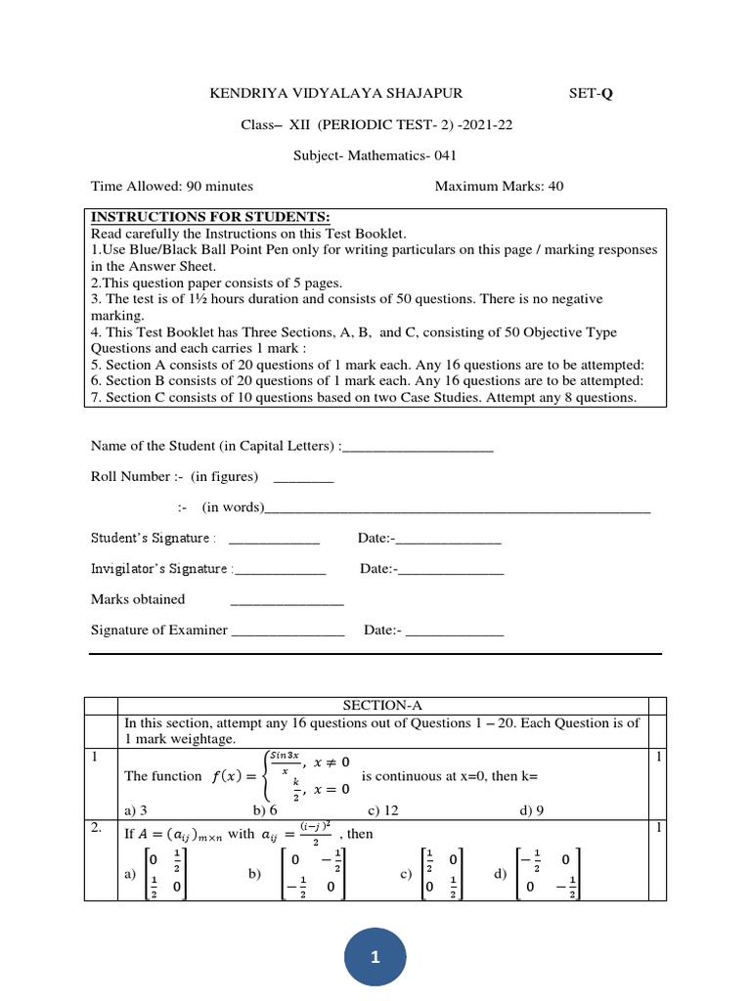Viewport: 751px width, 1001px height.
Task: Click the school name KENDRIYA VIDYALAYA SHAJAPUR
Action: tap(336, 94)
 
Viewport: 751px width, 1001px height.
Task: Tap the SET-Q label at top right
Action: tap(593, 94)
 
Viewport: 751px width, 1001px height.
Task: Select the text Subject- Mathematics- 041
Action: tap(375, 155)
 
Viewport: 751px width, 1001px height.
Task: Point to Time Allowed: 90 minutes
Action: tap(172, 186)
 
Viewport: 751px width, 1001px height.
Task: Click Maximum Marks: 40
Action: tap(499, 186)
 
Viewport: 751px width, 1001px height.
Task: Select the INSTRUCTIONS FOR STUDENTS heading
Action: tap(210, 217)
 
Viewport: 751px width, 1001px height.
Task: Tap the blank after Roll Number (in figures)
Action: tap(303, 479)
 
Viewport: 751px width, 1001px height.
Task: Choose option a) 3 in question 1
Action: tap(136, 809)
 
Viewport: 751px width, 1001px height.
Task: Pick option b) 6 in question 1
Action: tap(265, 809)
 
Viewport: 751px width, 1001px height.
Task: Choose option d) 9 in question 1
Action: tap(532, 809)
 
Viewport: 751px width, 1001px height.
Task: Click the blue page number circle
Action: tap(375, 958)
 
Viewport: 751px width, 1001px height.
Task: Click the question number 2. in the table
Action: tap(98, 828)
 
